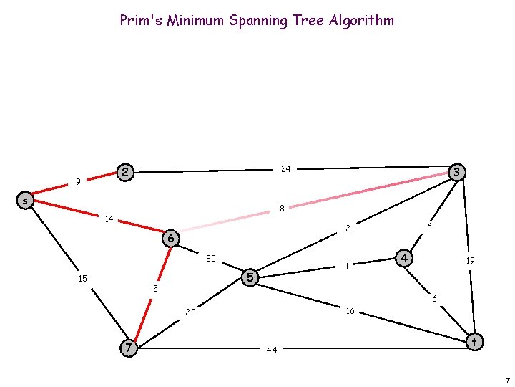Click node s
pyautogui.click(x=25, y=201)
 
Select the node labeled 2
pyautogui.click(x=125, y=172)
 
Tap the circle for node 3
pyautogui.click(x=456, y=172)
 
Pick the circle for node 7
pyautogui.click(x=128, y=348)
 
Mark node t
pyautogui.click(x=473, y=343)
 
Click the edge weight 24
pyautogui.click(x=285, y=169)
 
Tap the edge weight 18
pyautogui.click(x=280, y=209)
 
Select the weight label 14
pyautogui.click(x=109, y=219)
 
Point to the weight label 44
pyautogui.click(x=271, y=350)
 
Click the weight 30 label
pyautogui.click(x=211, y=258)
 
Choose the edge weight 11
pyautogui.click(x=344, y=267)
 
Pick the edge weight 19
pyautogui.click(x=470, y=262)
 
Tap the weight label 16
pyautogui.click(x=350, y=311)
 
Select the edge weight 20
pyautogui.click(x=190, y=312)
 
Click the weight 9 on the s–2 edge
pyautogui.click(x=78, y=182)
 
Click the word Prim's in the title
pyautogui.click(x=142, y=20)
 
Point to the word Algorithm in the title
pyautogui.click(x=361, y=20)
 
